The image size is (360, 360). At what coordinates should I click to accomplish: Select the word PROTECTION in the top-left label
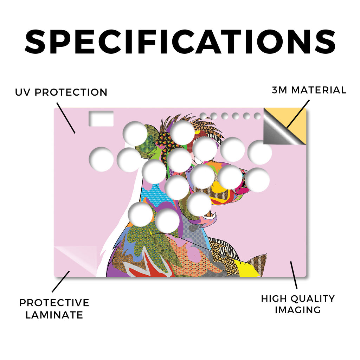[x=71, y=92]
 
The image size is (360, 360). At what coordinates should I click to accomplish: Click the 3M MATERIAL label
[x=309, y=90]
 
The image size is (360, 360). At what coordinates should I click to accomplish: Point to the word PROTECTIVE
[x=54, y=303]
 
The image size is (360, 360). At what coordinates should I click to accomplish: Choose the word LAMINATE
[x=54, y=315]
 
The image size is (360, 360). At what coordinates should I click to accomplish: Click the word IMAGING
[x=297, y=310]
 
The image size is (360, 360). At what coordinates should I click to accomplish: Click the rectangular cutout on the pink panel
[x=101, y=118]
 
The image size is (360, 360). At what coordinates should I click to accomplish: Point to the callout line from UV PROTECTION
[x=66, y=118]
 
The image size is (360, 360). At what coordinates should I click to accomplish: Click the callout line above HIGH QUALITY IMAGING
[x=294, y=275]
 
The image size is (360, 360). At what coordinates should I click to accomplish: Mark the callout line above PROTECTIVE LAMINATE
[x=60, y=282]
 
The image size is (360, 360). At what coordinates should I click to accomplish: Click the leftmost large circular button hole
[x=101, y=159]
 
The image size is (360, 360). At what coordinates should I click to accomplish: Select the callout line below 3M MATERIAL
[x=298, y=114]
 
